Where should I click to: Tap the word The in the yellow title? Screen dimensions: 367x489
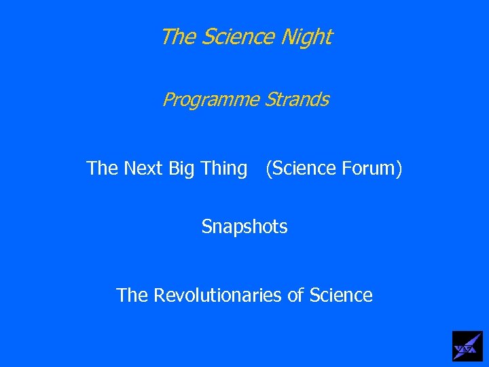click(x=178, y=37)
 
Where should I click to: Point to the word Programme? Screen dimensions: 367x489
click(x=211, y=101)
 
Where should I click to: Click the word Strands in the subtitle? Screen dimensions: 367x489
click(x=297, y=100)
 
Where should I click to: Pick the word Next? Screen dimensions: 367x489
click(x=144, y=167)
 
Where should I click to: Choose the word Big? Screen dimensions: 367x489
click(x=183, y=168)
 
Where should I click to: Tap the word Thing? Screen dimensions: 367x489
click(x=224, y=168)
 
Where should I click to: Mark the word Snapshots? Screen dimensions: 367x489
click(x=244, y=226)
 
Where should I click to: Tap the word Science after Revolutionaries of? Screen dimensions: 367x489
click(x=341, y=295)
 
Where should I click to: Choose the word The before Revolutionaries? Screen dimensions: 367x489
click(x=132, y=295)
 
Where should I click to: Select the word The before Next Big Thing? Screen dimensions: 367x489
click(x=103, y=167)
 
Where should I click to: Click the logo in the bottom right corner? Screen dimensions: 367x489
click(x=467, y=346)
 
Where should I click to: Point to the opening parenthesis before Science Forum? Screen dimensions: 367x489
click(x=269, y=168)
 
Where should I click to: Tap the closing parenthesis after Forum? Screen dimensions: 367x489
click(x=399, y=168)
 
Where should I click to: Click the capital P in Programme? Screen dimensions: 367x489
click(x=168, y=100)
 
